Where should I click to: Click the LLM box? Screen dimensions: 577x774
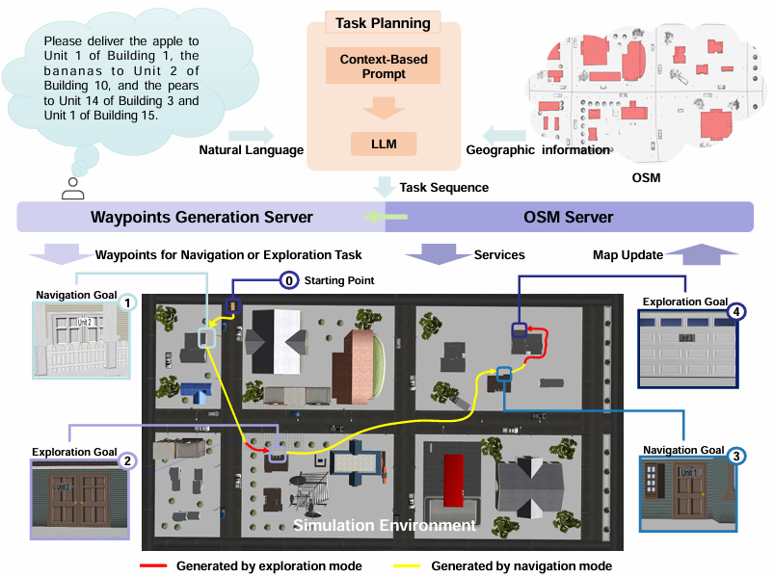tap(384, 144)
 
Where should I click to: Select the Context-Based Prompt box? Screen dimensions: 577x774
tap(384, 66)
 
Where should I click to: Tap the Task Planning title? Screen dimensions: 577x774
tap(383, 22)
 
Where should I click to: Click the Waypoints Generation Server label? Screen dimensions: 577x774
tap(201, 217)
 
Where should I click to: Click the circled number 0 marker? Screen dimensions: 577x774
tap(288, 280)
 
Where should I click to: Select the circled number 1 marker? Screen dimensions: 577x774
tap(126, 302)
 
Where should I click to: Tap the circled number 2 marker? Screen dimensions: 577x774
tap(126, 460)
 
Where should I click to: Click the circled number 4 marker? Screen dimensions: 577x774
tap(736, 311)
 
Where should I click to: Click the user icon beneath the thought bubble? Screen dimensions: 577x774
tap(72, 189)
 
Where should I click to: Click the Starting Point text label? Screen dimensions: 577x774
tap(338, 280)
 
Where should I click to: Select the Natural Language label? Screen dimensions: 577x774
tap(251, 149)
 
